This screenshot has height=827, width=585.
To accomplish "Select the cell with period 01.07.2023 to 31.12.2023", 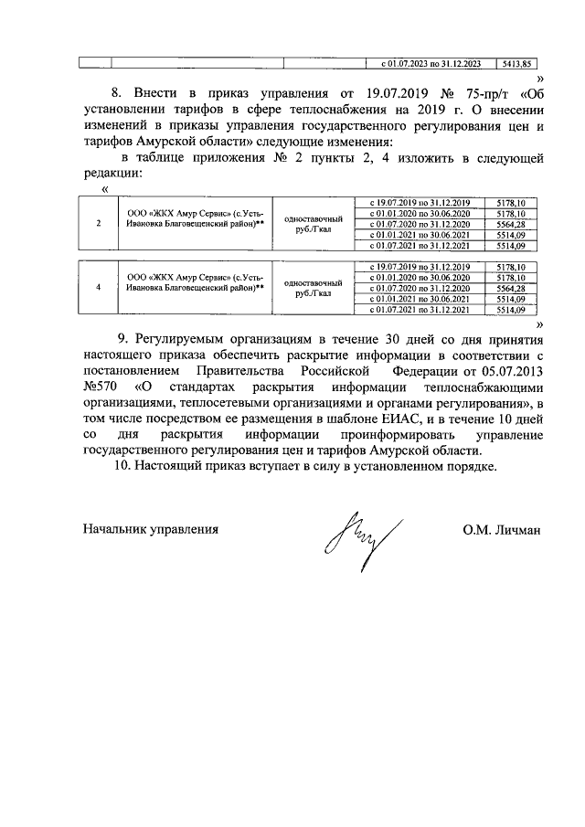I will coord(430,64).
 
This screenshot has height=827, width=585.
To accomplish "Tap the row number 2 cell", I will coord(98,223).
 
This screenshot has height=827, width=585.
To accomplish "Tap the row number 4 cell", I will coord(98,288).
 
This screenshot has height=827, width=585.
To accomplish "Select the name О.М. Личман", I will coord(502,529).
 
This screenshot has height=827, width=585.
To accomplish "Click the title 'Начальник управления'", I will coord(150,529).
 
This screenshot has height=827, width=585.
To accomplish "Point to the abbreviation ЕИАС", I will coord(380,420).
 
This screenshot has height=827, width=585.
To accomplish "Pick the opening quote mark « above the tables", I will coord(107,188).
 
